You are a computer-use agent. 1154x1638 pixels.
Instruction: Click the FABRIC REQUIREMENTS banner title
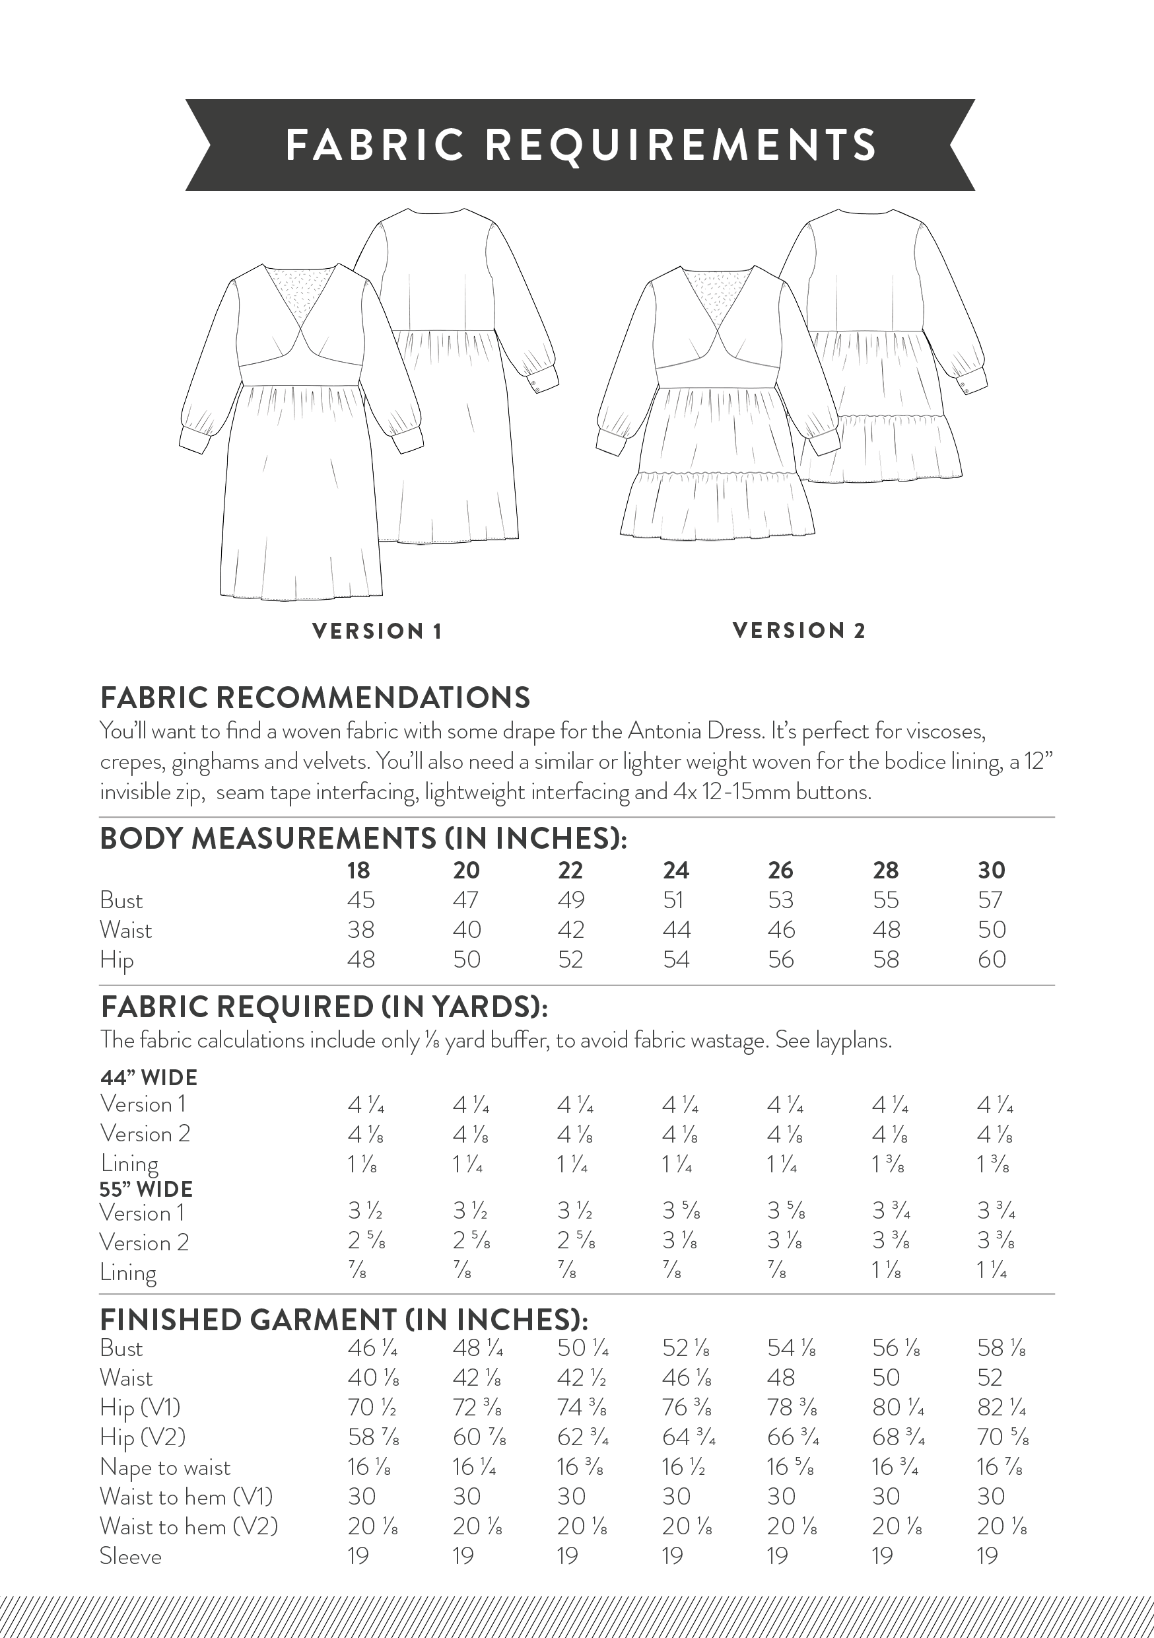[x=580, y=145]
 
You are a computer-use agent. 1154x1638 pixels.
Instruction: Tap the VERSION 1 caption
[x=378, y=631]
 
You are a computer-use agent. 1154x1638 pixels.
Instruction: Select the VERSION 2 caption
[x=799, y=631]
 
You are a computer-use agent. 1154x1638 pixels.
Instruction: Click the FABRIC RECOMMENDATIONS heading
[x=316, y=697]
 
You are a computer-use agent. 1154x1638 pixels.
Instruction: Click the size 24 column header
[x=675, y=871]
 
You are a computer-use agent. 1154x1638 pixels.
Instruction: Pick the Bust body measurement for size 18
[x=360, y=900]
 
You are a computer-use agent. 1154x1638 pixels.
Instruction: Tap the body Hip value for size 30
[x=992, y=960]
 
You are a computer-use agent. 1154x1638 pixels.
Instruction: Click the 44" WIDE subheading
[x=149, y=1077]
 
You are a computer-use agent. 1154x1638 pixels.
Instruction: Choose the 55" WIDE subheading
[x=146, y=1190]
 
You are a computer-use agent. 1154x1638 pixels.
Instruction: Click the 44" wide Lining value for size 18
[x=362, y=1164]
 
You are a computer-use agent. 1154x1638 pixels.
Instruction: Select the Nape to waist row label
[x=166, y=1468]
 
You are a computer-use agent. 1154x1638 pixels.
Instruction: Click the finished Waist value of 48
[x=781, y=1378]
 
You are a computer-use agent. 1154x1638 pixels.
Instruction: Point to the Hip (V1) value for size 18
[x=372, y=1407]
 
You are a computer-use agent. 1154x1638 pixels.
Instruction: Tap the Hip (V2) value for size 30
[x=1002, y=1437]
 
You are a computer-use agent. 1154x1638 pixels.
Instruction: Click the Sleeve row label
[x=131, y=1556]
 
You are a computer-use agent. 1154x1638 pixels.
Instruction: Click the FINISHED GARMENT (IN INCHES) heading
[x=344, y=1320]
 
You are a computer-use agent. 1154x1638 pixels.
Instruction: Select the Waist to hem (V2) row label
[x=189, y=1526]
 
